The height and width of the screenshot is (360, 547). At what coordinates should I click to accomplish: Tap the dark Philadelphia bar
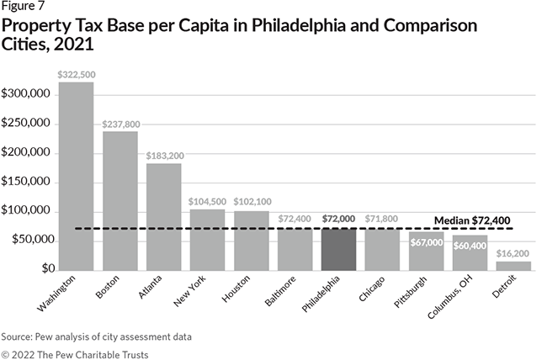click(x=338, y=248)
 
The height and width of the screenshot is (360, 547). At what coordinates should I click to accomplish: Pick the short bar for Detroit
click(x=512, y=265)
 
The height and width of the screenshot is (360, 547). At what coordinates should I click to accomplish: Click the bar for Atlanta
click(x=163, y=215)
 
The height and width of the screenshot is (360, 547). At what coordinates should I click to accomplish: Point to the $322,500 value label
click(x=76, y=75)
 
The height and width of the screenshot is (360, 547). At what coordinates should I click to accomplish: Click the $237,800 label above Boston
click(x=120, y=124)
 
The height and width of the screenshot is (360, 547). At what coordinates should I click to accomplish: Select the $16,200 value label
click(x=512, y=253)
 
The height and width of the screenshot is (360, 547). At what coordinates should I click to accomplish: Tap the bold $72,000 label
click(x=338, y=219)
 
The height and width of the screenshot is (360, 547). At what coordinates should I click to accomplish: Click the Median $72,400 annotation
click(x=472, y=220)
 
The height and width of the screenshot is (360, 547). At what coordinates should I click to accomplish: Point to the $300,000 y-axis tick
click(x=28, y=94)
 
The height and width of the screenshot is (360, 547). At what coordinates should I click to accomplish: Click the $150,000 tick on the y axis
click(x=28, y=182)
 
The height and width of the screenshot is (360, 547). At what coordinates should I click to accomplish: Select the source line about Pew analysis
click(x=97, y=336)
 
